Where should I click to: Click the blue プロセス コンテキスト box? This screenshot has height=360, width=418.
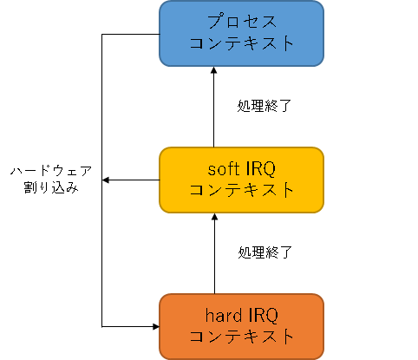(241, 34)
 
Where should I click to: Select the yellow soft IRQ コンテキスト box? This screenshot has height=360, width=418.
(241, 180)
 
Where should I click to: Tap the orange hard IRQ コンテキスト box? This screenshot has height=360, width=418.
(241, 327)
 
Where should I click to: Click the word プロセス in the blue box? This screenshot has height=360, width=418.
(242, 22)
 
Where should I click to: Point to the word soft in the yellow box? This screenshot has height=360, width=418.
(224, 169)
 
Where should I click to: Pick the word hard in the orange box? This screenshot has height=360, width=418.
(224, 315)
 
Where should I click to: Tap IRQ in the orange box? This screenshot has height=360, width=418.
(263, 316)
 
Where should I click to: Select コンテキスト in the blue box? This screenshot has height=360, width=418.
(241, 43)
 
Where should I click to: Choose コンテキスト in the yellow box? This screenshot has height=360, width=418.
(241, 190)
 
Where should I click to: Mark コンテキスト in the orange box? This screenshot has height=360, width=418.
(241, 337)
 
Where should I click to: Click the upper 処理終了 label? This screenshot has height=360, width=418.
(265, 106)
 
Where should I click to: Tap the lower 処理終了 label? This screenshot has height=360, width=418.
(265, 252)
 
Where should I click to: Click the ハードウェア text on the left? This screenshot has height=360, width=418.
(51, 171)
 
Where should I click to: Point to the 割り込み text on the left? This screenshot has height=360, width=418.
(51, 187)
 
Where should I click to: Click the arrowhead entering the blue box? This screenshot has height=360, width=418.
(214, 69)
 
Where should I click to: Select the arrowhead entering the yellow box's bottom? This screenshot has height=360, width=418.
(214, 217)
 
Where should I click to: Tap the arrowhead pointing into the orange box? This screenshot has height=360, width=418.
(156, 327)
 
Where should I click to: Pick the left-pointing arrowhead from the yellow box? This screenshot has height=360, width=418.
(106, 180)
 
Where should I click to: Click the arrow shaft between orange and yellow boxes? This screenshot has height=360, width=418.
(214, 257)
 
